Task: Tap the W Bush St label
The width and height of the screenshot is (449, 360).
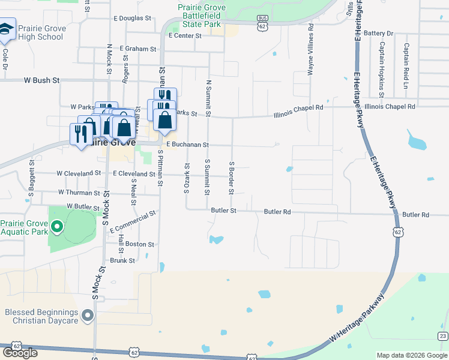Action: pyautogui.click(x=42, y=80)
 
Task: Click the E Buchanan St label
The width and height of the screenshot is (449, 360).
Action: pyautogui.click(x=187, y=145)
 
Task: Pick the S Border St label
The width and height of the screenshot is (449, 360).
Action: pyautogui.click(x=231, y=177)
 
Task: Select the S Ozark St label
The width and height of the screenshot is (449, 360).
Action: pyautogui.click(x=186, y=178)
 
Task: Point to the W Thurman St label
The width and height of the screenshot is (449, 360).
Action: pyautogui.click(x=79, y=193)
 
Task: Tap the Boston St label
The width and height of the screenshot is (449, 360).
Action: pyautogui.click(x=140, y=244)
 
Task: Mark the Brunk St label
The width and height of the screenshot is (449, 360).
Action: pyautogui.click(x=122, y=260)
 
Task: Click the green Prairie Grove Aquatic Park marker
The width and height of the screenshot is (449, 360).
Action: pyautogui.click(x=56, y=226)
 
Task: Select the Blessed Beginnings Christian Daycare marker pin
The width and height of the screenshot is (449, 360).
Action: pyautogui.click(x=88, y=314)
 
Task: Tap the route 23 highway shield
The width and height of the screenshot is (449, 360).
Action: pyautogui.click(x=442, y=335)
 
